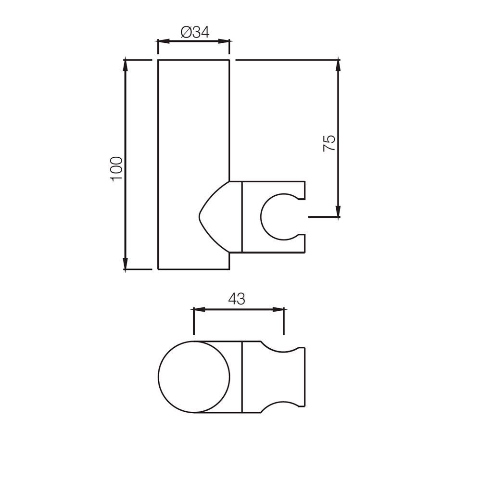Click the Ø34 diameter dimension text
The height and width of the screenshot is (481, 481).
tap(195, 33)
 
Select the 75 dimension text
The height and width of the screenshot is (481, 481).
tap(329, 143)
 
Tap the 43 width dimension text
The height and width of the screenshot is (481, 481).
tap(236, 299)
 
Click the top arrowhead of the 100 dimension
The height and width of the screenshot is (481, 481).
tap(126, 63)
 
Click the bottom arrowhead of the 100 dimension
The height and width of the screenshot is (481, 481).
tap(126, 266)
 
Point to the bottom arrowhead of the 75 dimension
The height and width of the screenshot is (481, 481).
tap(339, 213)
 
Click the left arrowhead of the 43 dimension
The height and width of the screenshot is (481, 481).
tap(197, 310)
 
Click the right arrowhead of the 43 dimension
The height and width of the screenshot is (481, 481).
tap(280, 310)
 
